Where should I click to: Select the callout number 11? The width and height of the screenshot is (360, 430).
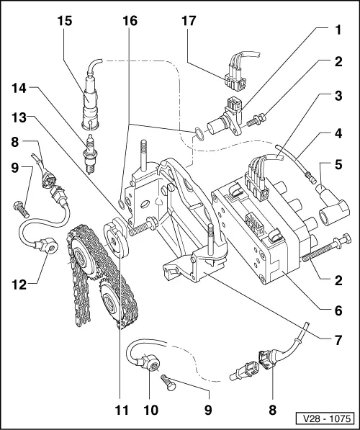[x=121, y=411]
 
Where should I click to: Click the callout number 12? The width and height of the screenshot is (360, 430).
[x=19, y=284]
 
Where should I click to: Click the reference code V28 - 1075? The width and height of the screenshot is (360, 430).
[x=325, y=417]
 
